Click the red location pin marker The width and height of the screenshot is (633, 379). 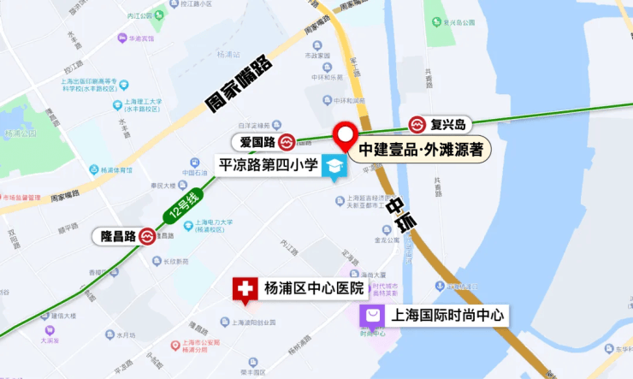pyautogui.click(x=346, y=135)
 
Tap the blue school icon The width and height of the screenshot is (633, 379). pyautogui.click(x=334, y=167)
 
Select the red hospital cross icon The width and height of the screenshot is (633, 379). pyautogui.click(x=245, y=289)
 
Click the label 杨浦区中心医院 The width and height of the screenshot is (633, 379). pyautogui.click(x=314, y=287)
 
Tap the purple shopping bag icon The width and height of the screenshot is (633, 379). pyautogui.click(x=372, y=317)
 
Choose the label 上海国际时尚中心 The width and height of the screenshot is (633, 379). pyautogui.click(x=447, y=316)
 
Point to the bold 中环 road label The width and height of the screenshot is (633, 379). pyautogui.click(x=401, y=212)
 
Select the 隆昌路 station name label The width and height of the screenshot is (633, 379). pyautogui.click(x=113, y=236)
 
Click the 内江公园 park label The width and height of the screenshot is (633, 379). pyautogui.click(x=127, y=15)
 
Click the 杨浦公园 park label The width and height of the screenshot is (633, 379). pyautogui.click(x=19, y=133)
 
